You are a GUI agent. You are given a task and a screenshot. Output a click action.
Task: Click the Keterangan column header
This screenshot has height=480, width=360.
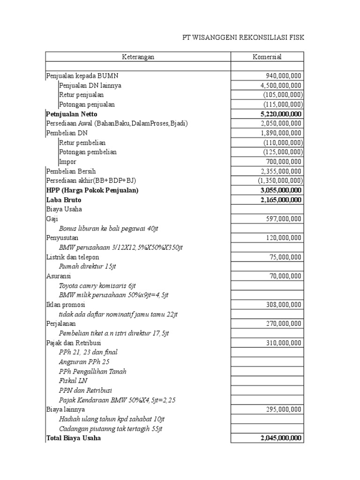tap(138, 57)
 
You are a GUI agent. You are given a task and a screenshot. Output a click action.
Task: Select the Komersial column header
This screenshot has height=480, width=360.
tap(267, 57)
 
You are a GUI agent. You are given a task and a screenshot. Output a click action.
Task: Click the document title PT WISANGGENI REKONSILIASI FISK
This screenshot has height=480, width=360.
tap(243, 37)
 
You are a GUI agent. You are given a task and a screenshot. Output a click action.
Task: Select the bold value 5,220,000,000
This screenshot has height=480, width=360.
tap(281, 114)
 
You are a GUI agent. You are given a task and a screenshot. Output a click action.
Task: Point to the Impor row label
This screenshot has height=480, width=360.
tap(67, 162)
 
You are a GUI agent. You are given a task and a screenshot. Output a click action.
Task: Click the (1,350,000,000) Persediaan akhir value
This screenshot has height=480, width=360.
tap(280, 180)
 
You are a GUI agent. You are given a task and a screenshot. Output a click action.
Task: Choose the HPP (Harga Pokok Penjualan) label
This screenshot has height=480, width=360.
tap(92, 190)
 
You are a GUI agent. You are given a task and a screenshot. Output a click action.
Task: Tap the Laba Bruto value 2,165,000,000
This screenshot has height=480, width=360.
tap(281, 200)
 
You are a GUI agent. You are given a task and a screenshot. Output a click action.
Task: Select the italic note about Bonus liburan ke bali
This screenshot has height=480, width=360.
tap(109, 228)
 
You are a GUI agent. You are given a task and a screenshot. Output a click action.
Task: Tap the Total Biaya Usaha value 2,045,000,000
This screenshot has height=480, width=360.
tap(281, 438)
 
